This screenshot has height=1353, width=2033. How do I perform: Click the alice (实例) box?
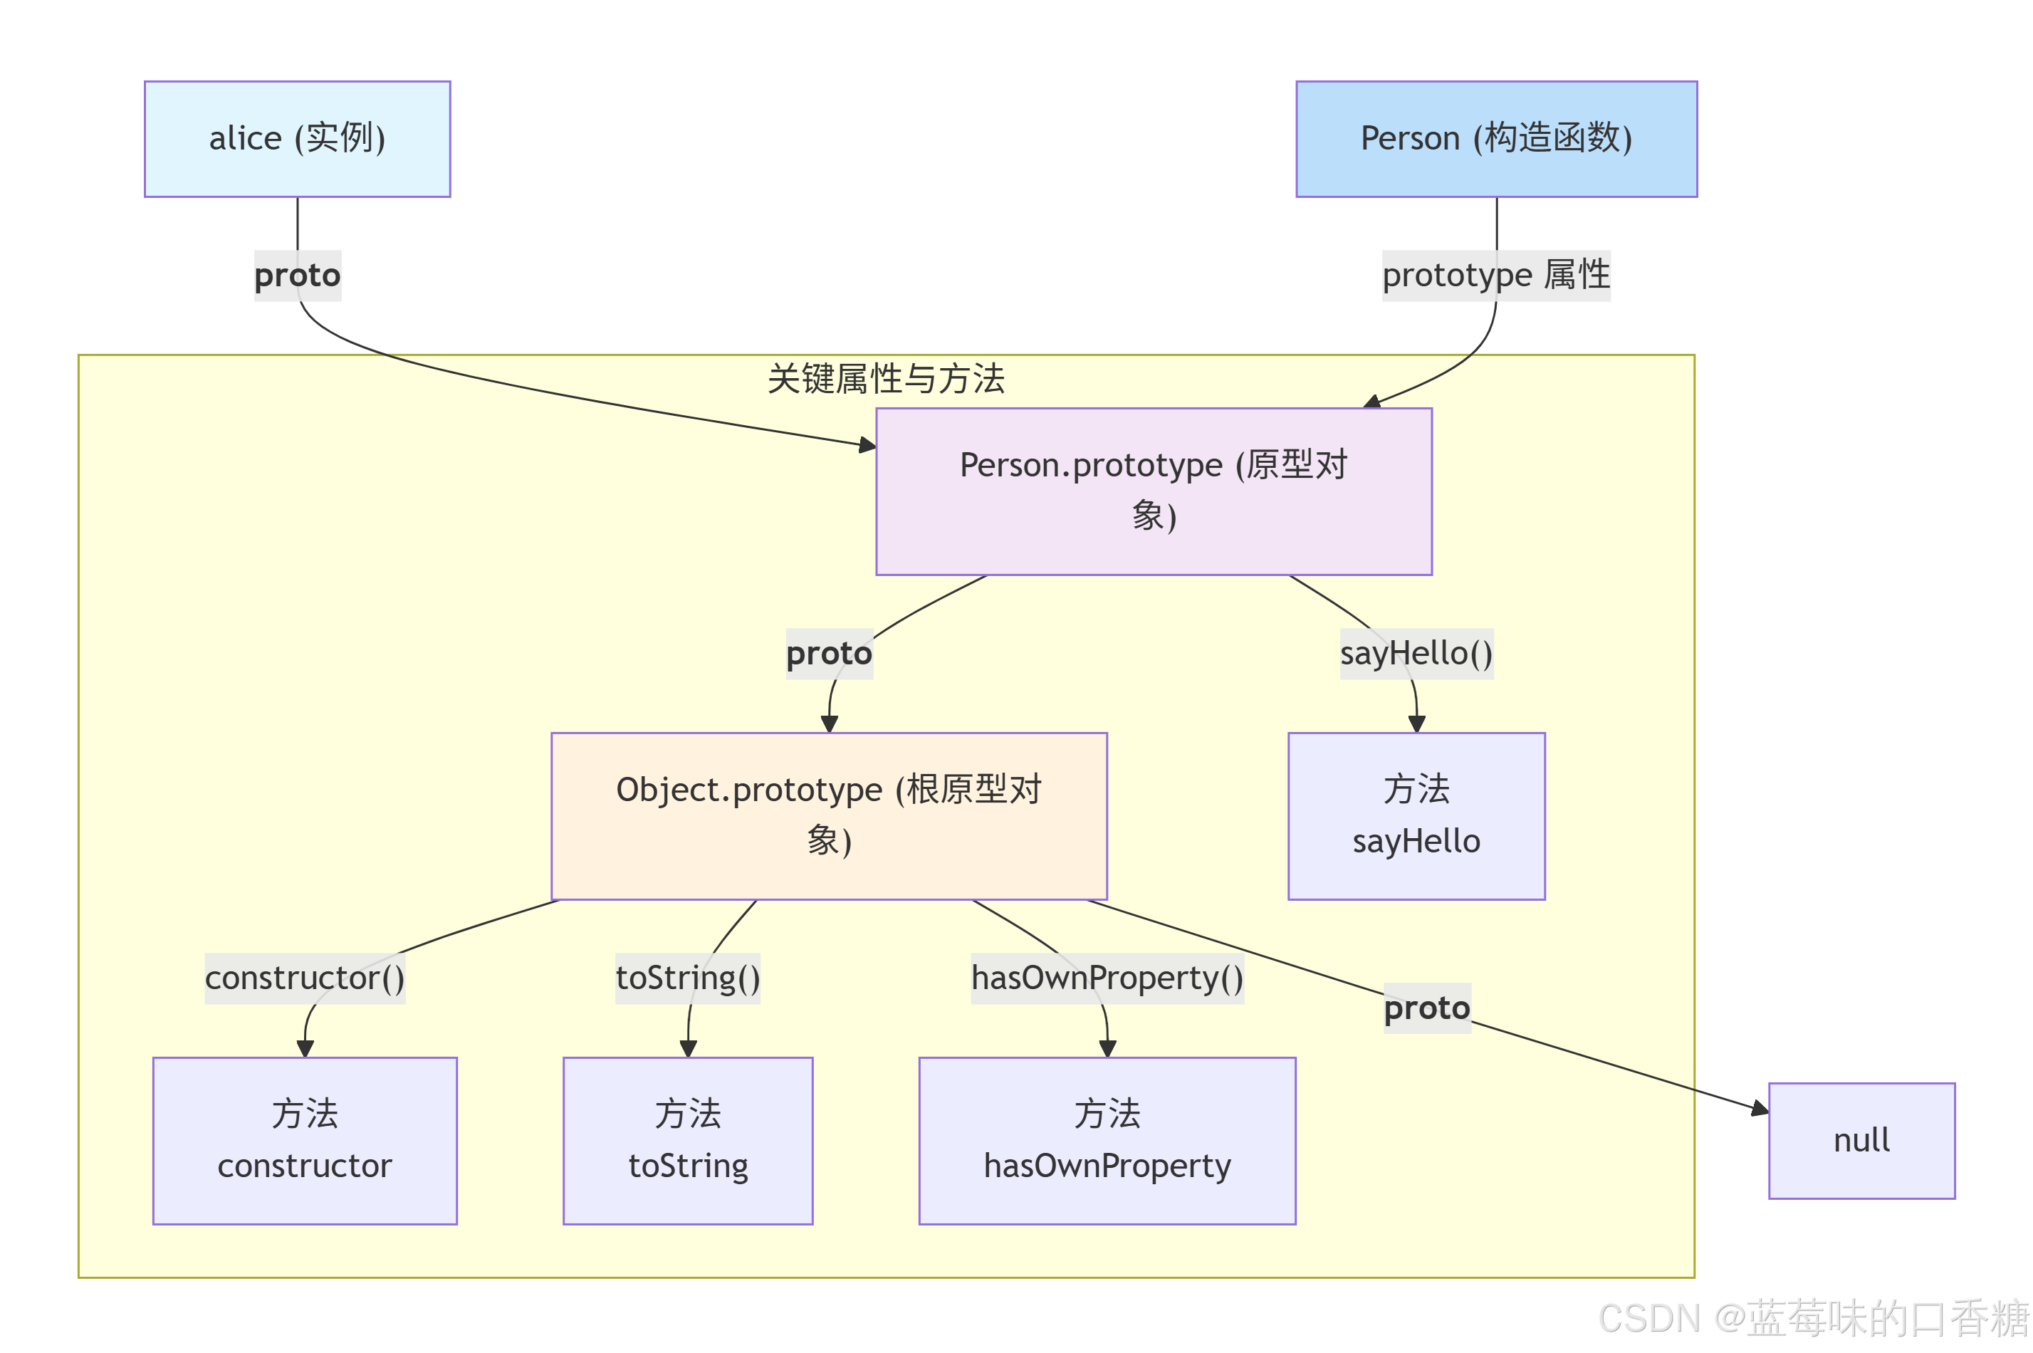[x=297, y=139]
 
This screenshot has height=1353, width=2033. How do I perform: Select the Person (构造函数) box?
[x=1495, y=139]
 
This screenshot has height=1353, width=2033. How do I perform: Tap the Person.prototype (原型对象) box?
[x=1153, y=491]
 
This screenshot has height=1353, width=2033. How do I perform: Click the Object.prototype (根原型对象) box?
[x=828, y=815]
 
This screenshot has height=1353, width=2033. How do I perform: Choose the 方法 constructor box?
[x=305, y=1140]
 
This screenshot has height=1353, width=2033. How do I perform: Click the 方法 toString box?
[x=688, y=1140]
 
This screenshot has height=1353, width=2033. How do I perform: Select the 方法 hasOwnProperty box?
[x=1107, y=1140]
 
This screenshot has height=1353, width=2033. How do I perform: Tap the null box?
[x=1861, y=1140]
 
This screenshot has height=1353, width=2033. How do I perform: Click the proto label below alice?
[x=297, y=276]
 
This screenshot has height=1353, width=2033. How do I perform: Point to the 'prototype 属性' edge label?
[x=1495, y=276]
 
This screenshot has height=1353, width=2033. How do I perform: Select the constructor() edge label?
[x=305, y=978]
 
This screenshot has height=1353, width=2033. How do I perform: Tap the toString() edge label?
[x=688, y=978]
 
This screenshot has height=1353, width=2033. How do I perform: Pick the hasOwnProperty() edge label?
[x=1107, y=978]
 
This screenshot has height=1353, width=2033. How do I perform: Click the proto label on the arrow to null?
[x=1426, y=1008]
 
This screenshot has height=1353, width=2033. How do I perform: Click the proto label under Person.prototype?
[x=828, y=653]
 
